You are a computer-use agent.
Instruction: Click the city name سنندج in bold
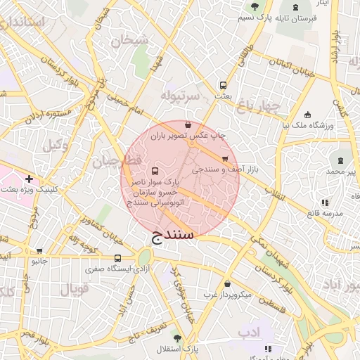click(x=173, y=232)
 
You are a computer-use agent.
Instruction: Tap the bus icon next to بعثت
click(x=223, y=82)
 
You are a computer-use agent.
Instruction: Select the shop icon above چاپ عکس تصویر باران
click(x=186, y=124)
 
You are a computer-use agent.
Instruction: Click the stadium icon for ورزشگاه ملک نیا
click(x=307, y=115)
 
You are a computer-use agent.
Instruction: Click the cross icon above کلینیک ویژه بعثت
click(x=28, y=179)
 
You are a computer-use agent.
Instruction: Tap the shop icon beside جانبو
click(x=39, y=250)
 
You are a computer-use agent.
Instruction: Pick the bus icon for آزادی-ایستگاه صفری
click(x=117, y=258)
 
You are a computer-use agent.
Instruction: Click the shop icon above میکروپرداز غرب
click(x=226, y=284)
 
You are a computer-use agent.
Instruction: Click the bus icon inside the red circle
click(x=155, y=171)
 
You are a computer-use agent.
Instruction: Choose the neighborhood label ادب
click(x=249, y=330)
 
